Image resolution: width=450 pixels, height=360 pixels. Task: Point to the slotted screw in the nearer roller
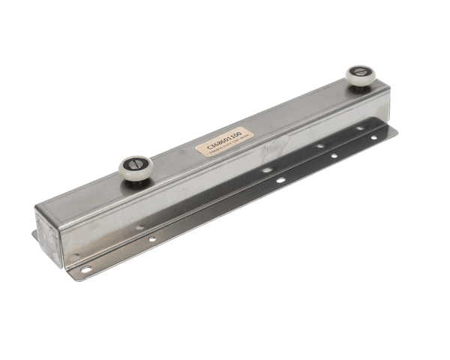(136, 162)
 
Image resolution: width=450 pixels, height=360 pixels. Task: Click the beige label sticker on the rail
(224, 142)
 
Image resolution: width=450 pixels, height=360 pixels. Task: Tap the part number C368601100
(223, 139)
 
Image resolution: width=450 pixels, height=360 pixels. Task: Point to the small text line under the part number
(226, 147)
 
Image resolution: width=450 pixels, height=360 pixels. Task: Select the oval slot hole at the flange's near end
(85, 269)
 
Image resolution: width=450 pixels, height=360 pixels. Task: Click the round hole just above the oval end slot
(73, 256)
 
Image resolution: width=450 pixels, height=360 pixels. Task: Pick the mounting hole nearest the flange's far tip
(373, 138)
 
